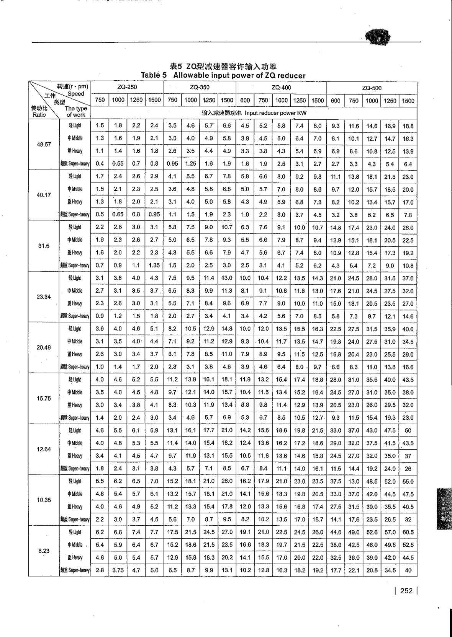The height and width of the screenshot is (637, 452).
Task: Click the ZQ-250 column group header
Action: click(127, 87)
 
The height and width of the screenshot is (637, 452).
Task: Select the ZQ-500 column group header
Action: click(372, 88)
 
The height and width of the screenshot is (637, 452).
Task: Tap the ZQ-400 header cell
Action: click(281, 87)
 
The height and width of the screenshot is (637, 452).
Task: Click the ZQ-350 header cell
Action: click(200, 87)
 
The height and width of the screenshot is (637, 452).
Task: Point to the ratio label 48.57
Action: click(44, 145)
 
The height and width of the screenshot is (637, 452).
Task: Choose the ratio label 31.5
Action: click(44, 246)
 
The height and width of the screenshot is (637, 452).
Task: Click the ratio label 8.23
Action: click(44, 551)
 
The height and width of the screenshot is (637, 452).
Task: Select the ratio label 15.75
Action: click(44, 398)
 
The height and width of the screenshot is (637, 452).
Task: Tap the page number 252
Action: click(406, 590)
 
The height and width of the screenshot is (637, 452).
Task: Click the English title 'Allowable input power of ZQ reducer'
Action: click(239, 75)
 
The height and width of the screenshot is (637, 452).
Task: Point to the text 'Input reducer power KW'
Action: click(275, 113)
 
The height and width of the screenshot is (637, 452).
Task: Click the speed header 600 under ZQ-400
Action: click(245, 100)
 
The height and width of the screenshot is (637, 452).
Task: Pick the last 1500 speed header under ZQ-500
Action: click(408, 101)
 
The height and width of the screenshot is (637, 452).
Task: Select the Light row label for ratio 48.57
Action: click(75, 125)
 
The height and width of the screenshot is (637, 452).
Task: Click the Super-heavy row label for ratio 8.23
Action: click(75, 570)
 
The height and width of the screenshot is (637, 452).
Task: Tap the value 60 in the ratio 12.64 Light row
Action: click(408, 430)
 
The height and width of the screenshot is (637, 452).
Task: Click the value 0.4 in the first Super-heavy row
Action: click(100, 164)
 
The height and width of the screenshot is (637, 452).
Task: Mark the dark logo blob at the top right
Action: click(378, 37)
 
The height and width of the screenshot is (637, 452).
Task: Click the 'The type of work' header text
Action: click(75, 111)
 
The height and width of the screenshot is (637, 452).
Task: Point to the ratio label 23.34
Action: click(44, 297)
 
